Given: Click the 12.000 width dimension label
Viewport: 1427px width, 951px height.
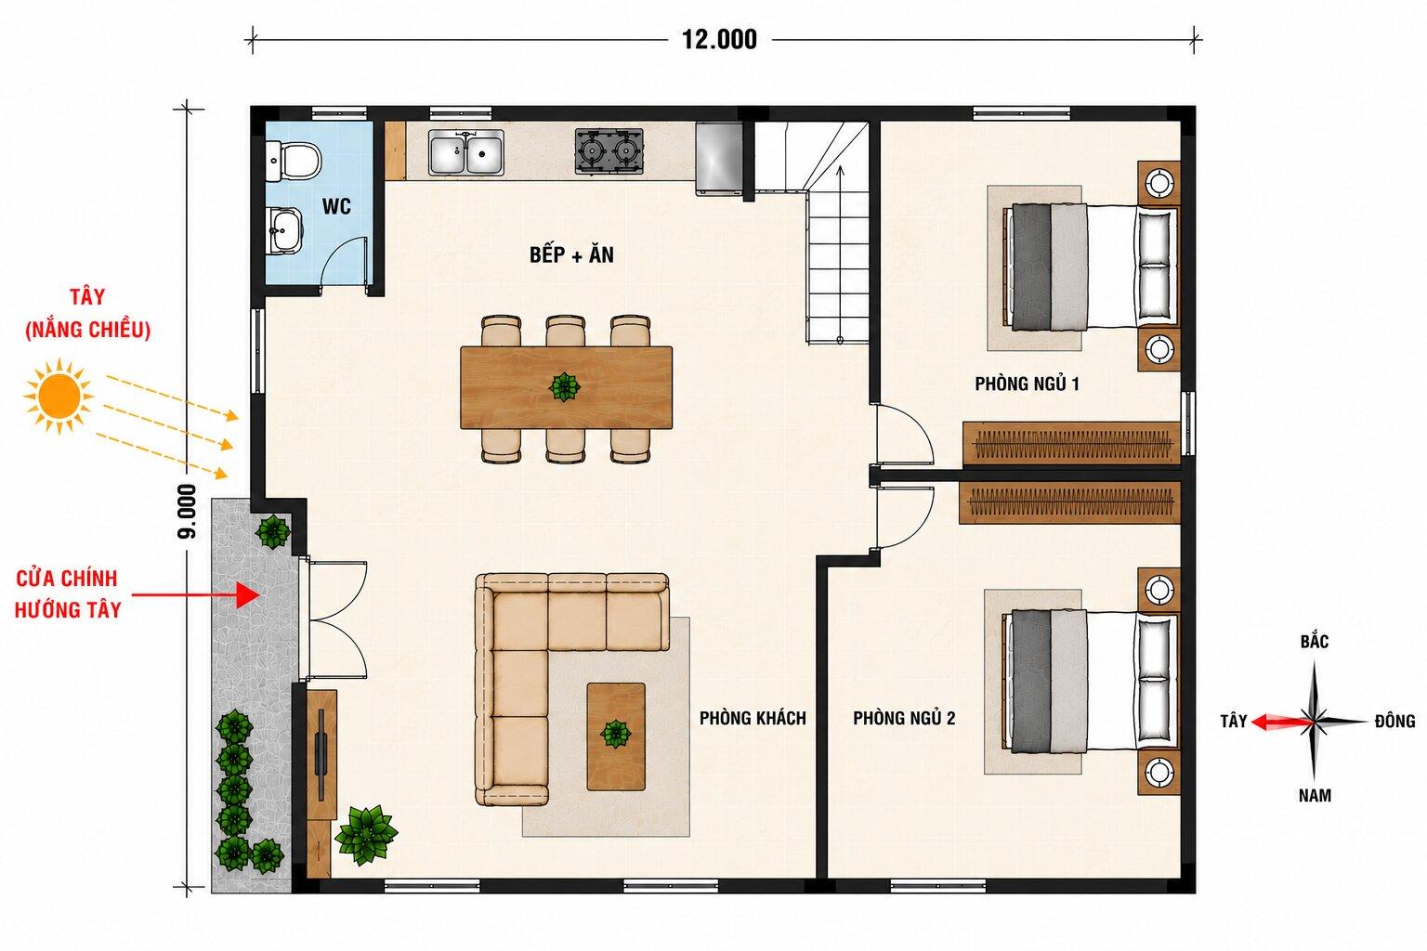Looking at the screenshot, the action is click(719, 40).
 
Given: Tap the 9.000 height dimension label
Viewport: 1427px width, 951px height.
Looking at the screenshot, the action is click(188, 512).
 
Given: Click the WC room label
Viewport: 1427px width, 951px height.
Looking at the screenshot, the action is click(336, 206).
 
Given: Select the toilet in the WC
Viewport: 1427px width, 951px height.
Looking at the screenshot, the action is click(294, 161).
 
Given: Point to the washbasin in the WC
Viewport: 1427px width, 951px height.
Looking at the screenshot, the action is click(285, 229).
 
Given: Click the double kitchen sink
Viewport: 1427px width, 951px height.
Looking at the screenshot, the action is click(466, 152).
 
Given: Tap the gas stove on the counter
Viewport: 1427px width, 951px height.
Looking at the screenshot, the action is click(609, 151).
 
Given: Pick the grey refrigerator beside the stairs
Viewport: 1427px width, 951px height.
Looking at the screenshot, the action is click(719, 157).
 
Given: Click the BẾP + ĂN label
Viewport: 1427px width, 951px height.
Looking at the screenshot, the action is click(571, 254).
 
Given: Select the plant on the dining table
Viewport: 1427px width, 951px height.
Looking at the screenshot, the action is click(565, 386).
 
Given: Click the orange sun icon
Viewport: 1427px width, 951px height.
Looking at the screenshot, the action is click(59, 397).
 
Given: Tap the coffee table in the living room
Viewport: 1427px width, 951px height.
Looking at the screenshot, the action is click(616, 736).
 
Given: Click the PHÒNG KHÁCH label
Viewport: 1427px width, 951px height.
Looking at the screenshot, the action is click(753, 719).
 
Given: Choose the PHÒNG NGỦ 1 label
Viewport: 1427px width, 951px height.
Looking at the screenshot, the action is click(1027, 384).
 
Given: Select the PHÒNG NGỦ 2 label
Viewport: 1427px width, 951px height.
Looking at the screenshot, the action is click(904, 719).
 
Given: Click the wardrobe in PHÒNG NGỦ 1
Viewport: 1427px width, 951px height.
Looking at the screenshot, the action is click(1071, 443).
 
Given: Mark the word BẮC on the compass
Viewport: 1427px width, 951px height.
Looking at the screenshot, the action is click(1315, 641).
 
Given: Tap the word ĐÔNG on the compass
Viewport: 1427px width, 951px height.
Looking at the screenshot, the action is click(1394, 722).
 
